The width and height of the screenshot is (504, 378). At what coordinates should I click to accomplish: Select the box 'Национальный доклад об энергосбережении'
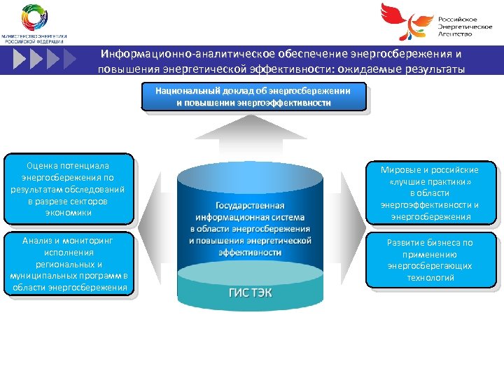click(x=253, y=97)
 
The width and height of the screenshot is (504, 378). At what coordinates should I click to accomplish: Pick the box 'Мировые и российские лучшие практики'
click(x=430, y=193)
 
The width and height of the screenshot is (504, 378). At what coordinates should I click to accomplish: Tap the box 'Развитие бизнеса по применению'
click(x=430, y=260)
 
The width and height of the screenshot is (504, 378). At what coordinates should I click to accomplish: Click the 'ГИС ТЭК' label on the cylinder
click(x=250, y=293)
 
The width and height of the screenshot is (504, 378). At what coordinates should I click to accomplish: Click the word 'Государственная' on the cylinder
click(x=250, y=206)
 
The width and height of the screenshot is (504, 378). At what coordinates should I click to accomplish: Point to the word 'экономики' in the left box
click(x=68, y=213)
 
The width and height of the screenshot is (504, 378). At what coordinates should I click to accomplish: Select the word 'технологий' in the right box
click(x=430, y=278)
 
